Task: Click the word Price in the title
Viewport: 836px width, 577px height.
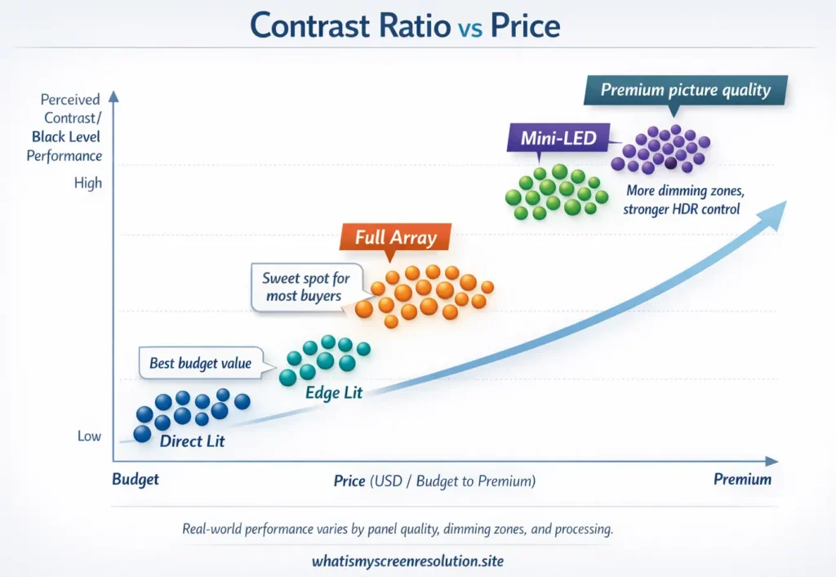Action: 525,27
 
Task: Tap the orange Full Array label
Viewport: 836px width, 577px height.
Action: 396,239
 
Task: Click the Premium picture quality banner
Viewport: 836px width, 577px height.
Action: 685,90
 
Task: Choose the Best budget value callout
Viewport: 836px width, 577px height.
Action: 200,364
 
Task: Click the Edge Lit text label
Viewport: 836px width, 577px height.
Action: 333,393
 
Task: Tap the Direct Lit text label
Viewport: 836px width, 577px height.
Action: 192,442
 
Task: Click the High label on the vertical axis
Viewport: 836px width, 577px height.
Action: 88,183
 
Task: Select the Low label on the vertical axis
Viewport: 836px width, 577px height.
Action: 89,436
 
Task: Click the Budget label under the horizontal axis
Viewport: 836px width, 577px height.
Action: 136,480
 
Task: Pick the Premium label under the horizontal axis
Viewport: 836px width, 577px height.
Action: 742,480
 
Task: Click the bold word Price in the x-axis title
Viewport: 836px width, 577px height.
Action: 349,481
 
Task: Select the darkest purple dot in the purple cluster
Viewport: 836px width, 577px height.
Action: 669,163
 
